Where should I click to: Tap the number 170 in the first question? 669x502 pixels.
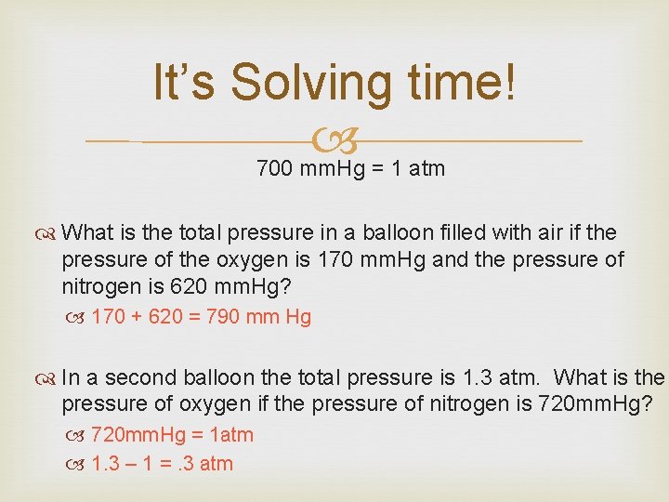[x=335, y=258]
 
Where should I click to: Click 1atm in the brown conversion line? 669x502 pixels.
[x=228, y=435]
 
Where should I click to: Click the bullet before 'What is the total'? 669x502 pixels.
[x=49, y=232]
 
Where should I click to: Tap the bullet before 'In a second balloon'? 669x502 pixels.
[x=49, y=378]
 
